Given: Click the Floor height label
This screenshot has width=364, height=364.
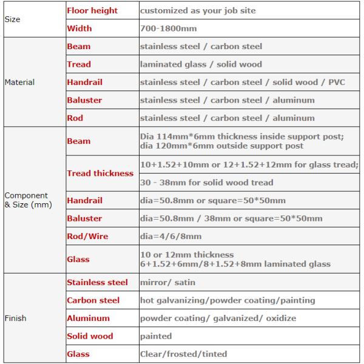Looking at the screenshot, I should point(92,11).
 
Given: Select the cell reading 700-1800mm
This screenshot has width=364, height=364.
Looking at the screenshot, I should point(167,29).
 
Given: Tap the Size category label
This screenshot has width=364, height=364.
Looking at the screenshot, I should point(12,19).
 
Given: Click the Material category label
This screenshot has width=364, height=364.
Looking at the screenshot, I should point(19,82).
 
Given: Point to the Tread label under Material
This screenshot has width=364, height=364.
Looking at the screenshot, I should point(79,64).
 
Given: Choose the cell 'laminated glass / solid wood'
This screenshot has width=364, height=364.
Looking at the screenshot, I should point(201,64).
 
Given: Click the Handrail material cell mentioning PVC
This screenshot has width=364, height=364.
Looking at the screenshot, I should point(242,82).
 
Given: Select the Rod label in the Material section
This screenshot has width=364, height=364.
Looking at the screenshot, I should point(75,118).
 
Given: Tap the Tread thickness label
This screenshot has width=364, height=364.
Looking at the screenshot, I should point(100,173).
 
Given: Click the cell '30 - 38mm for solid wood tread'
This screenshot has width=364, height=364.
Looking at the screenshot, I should point(206,182).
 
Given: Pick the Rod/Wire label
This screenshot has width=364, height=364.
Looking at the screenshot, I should point(87,236).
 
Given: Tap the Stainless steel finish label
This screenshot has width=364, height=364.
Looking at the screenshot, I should point(97,282).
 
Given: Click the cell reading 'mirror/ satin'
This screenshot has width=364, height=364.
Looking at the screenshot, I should point(167,282).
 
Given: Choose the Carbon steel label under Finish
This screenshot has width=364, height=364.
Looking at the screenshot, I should point(93,300).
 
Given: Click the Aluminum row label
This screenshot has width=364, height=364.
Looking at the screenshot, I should point(88,318).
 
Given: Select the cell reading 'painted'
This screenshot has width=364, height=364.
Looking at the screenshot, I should point(156,335).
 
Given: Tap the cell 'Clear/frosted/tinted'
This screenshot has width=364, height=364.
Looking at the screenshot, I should point(183,354).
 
